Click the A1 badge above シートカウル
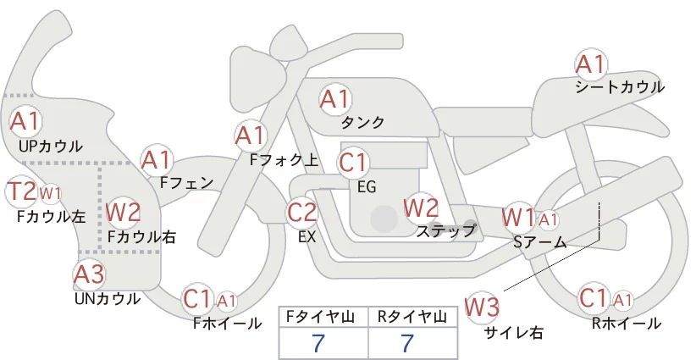click(x=590, y=65)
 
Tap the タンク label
click(x=362, y=122)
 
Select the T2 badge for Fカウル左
click(x=22, y=191)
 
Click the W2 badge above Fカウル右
click(x=124, y=212)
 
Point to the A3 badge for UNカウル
click(x=89, y=274)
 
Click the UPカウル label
click(x=51, y=146)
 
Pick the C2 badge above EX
click(x=301, y=213)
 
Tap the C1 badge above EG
click(x=353, y=163)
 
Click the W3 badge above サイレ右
click(x=482, y=307)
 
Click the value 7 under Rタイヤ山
click(x=407, y=343)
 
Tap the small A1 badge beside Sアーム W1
click(x=548, y=219)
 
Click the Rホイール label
click(x=626, y=324)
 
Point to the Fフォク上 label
click(x=284, y=160)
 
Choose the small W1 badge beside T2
click(x=50, y=193)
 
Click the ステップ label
click(x=446, y=231)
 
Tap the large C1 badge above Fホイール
click(x=196, y=299)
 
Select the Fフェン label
click(x=186, y=182)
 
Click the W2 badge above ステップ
click(x=421, y=208)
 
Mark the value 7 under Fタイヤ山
click(x=318, y=343)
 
